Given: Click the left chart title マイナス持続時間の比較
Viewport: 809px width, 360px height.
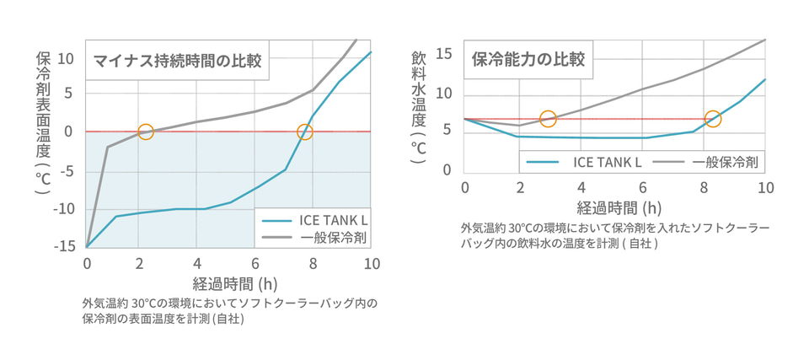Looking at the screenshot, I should [x=177, y=60].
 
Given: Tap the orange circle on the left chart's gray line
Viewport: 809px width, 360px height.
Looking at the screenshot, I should [x=145, y=132].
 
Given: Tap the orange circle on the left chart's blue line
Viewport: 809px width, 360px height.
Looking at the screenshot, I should [x=304, y=132].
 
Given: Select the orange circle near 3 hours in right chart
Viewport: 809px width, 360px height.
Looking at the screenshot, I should [x=548, y=119].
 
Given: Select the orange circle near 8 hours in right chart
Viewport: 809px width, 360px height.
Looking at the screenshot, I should [x=712, y=119].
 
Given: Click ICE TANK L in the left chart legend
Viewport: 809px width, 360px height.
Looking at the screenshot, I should [x=334, y=220].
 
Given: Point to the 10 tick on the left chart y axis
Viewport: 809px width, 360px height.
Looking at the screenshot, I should [x=67, y=58].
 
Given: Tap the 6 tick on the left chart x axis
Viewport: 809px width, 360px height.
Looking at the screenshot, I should [x=255, y=263].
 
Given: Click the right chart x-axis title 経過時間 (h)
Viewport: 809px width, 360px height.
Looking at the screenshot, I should [x=613, y=207].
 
